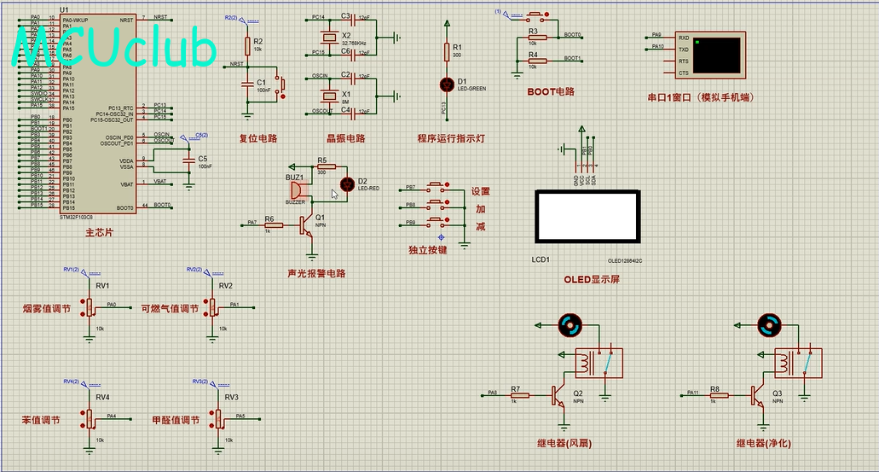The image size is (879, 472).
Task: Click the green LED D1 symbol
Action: coord(446,84)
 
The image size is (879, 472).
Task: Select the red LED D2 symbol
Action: coord(347,184)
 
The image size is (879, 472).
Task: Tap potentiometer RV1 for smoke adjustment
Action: coord(90,307)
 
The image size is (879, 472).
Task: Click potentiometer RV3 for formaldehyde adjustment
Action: coord(217,418)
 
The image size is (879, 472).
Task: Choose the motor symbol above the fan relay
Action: coord(569,324)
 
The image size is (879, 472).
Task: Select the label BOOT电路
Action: coord(550,91)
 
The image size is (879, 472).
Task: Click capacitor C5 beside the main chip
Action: coord(189,160)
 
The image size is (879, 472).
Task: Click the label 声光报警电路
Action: coord(316,274)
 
